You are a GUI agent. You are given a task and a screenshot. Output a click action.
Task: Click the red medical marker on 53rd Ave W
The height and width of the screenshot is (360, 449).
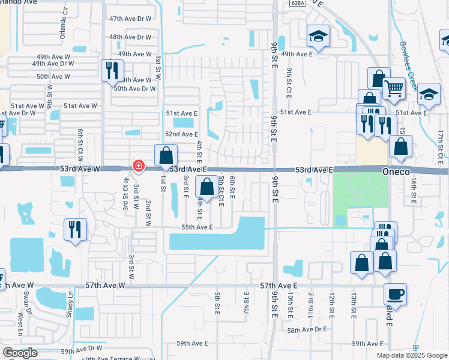[x=138, y=166]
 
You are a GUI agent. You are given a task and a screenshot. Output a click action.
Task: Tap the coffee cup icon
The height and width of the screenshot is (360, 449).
[x=395, y=294]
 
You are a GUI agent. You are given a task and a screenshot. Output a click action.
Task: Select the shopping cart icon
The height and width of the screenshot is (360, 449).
[x=394, y=89]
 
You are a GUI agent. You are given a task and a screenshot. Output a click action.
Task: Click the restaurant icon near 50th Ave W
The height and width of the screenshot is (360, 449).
[x=111, y=70]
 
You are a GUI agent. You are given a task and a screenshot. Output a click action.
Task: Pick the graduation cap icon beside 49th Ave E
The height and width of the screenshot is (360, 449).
[x=318, y=36]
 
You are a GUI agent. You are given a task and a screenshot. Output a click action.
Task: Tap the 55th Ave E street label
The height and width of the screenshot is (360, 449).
[x=197, y=227]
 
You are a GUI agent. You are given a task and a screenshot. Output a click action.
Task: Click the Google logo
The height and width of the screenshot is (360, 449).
[x=20, y=352]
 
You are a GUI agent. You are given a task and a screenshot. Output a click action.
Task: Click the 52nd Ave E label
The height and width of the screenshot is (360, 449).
[x=182, y=134]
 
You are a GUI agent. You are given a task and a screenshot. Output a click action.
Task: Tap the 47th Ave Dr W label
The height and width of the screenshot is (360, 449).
[x=130, y=19]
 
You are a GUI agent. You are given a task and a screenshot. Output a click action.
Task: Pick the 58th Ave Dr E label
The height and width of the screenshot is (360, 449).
[x=307, y=330]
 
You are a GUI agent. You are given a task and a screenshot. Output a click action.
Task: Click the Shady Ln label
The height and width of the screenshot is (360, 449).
[x=70, y=301]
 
